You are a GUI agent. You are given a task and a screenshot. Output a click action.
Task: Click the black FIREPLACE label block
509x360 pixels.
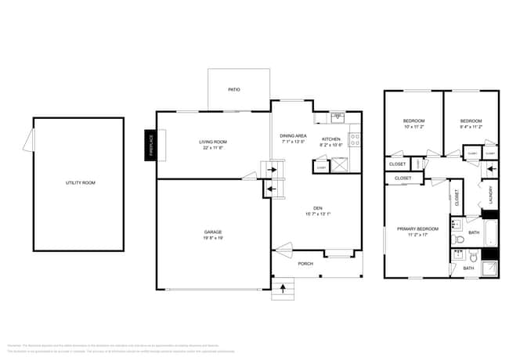coord(152,146)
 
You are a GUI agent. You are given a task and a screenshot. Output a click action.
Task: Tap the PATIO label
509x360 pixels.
coord(234,90)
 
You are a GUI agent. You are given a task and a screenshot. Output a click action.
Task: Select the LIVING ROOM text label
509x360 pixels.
coord(213,142)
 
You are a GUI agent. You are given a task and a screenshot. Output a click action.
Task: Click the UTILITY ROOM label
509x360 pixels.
coord(80,182)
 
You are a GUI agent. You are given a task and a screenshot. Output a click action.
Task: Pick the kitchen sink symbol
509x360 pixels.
coord(338,118)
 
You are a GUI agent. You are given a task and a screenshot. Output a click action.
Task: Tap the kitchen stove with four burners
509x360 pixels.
coord(355,141)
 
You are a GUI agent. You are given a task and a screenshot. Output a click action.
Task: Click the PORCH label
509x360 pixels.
coord(305,264)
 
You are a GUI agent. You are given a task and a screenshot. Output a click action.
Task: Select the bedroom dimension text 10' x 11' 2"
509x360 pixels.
coord(413,127)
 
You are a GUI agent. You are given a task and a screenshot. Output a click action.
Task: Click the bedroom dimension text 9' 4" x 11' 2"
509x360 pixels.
coord(470,127)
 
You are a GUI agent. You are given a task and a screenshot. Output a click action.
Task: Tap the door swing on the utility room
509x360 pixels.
coord(28,141)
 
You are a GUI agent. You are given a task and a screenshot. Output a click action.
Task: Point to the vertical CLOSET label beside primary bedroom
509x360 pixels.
coord(457,199)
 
